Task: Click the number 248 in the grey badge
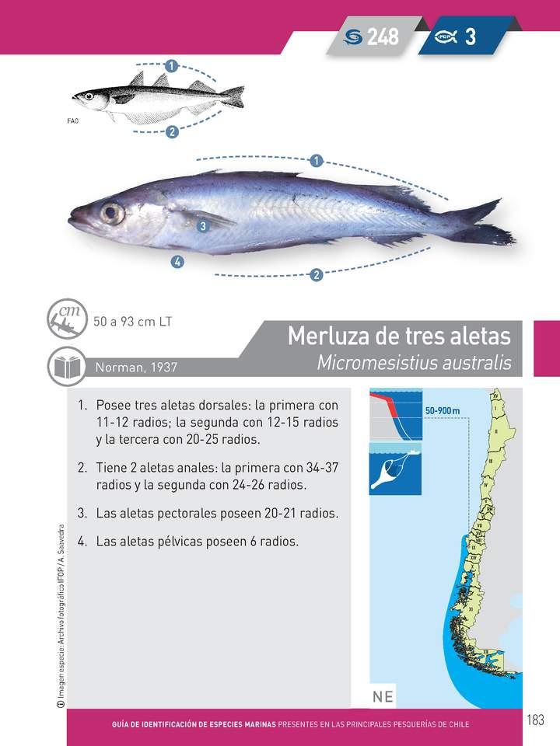pos(383,37)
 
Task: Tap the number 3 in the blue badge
pos(471,37)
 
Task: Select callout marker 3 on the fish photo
pos(201,226)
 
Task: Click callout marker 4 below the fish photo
pos(177,262)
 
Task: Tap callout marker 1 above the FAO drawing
pos(171,64)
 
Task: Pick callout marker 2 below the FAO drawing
pos(172,131)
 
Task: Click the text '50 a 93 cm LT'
pos(132,321)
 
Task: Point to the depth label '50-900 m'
pos(443,410)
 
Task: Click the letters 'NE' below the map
pos(383,696)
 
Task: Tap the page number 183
pos(534,720)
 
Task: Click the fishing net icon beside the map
pos(394,470)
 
